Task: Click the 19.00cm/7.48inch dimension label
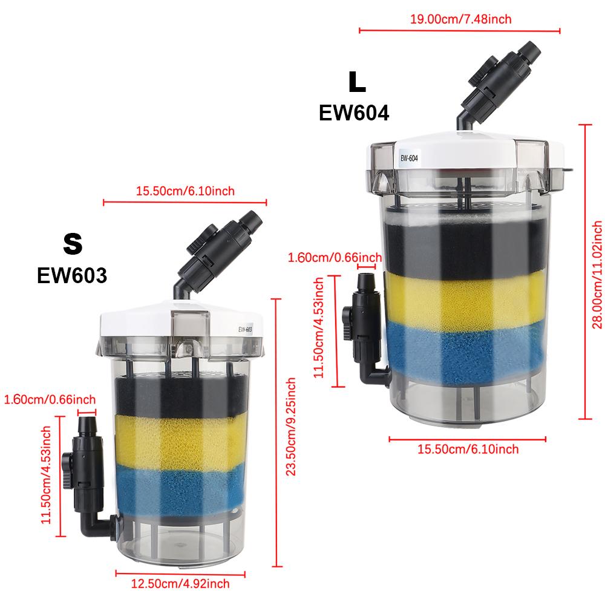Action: (460, 19)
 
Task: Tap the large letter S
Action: (72, 243)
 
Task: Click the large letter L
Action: (357, 83)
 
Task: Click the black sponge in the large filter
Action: (466, 245)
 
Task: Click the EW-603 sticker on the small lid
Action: (245, 329)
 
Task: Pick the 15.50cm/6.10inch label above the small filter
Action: (185, 191)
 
